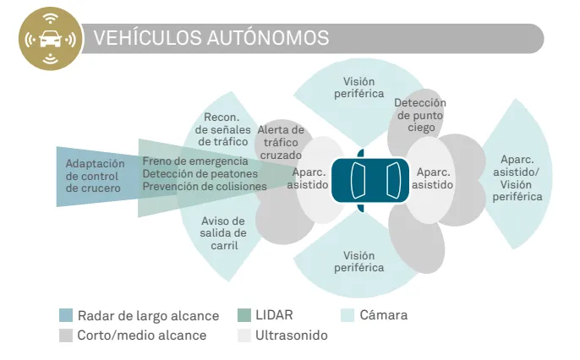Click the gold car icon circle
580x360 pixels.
pos(49,39)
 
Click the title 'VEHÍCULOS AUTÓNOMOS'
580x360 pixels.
pos(211,38)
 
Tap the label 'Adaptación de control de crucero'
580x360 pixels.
pos(95,176)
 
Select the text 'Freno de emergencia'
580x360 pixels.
pos(195,161)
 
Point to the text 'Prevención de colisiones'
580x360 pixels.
pos(205,186)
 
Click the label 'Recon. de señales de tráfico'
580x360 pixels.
pos(222,129)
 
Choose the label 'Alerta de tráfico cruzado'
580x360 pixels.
pos(281,143)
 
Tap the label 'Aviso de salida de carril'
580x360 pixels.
pos(224,232)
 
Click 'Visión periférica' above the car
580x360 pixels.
pos(358,87)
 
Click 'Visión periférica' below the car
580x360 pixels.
pos(358,261)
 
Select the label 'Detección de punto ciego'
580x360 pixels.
pos(414,115)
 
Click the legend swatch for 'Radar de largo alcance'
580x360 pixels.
pos(66,315)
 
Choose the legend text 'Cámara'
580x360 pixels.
pos(383,315)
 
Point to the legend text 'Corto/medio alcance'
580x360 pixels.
pos(141,335)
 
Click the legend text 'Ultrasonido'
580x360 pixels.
pos(291,335)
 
